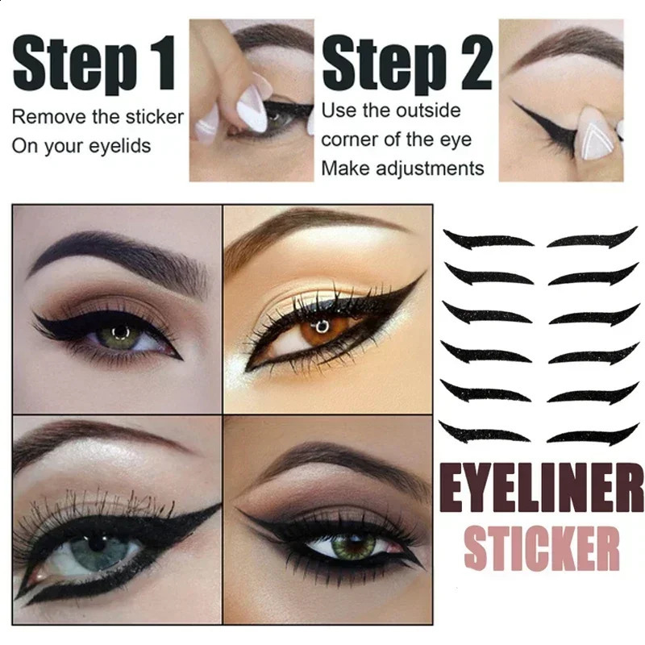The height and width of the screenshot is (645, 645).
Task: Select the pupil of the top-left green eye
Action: tap(120, 333)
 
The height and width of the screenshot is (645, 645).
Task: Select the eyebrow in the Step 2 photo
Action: tap(564, 40)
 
